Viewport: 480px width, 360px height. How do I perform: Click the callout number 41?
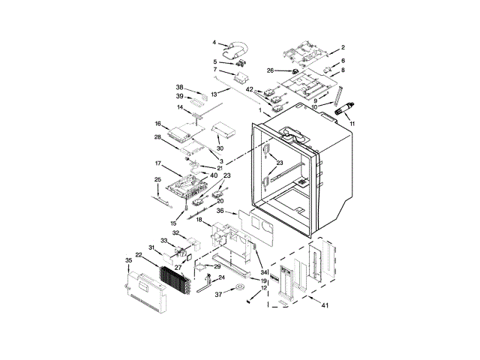pyautogui.click(x=325, y=305)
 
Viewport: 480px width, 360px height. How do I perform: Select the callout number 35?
pyautogui.click(x=128, y=260)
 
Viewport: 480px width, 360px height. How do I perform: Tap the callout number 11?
pyautogui.click(x=352, y=124)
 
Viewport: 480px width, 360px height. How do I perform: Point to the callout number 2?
pyautogui.click(x=343, y=47)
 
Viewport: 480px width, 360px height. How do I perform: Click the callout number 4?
pyautogui.click(x=214, y=43)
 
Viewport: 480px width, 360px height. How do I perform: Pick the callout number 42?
pyautogui.click(x=250, y=89)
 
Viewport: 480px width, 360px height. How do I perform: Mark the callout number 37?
pyautogui.click(x=218, y=295)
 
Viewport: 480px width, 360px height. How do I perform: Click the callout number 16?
pyautogui.click(x=158, y=124)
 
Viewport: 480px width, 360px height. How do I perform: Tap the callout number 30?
pyautogui.click(x=220, y=148)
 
